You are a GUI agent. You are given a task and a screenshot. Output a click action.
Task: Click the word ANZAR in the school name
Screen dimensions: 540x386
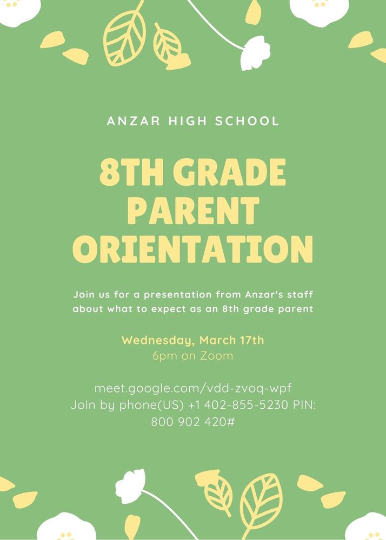[x=129, y=120]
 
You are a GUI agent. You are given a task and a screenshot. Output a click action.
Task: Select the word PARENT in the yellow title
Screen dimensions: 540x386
[x=192, y=210]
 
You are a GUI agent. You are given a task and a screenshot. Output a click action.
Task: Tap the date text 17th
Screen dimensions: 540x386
[x=250, y=340]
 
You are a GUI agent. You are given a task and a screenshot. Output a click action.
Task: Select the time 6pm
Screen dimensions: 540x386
[x=162, y=356]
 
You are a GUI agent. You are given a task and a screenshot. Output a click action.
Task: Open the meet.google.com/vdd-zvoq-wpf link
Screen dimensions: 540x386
[x=193, y=388]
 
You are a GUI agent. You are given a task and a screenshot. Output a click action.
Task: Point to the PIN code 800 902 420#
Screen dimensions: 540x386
[x=193, y=421]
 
